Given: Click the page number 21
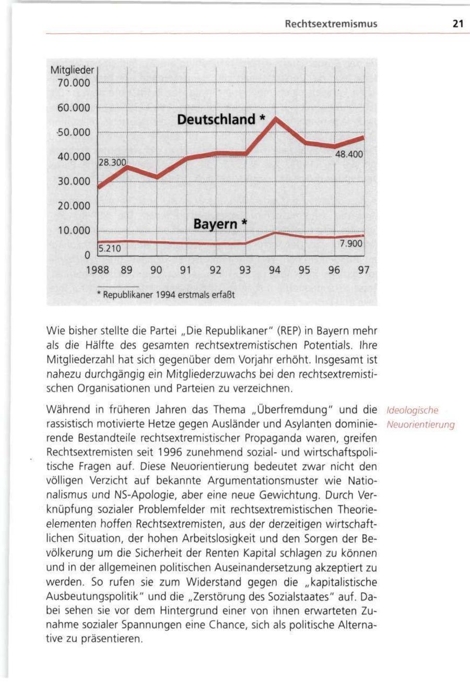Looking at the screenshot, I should tap(458, 24).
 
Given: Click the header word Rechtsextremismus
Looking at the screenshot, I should tap(331, 24).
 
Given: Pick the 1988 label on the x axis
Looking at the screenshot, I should tap(97, 271).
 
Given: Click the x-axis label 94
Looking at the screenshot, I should tap(275, 271).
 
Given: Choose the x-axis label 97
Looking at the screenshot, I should tap(364, 271).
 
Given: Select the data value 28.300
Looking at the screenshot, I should tap(112, 164).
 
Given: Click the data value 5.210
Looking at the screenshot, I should tap(110, 248).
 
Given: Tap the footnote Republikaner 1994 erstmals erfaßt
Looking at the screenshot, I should tap(167, 294).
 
